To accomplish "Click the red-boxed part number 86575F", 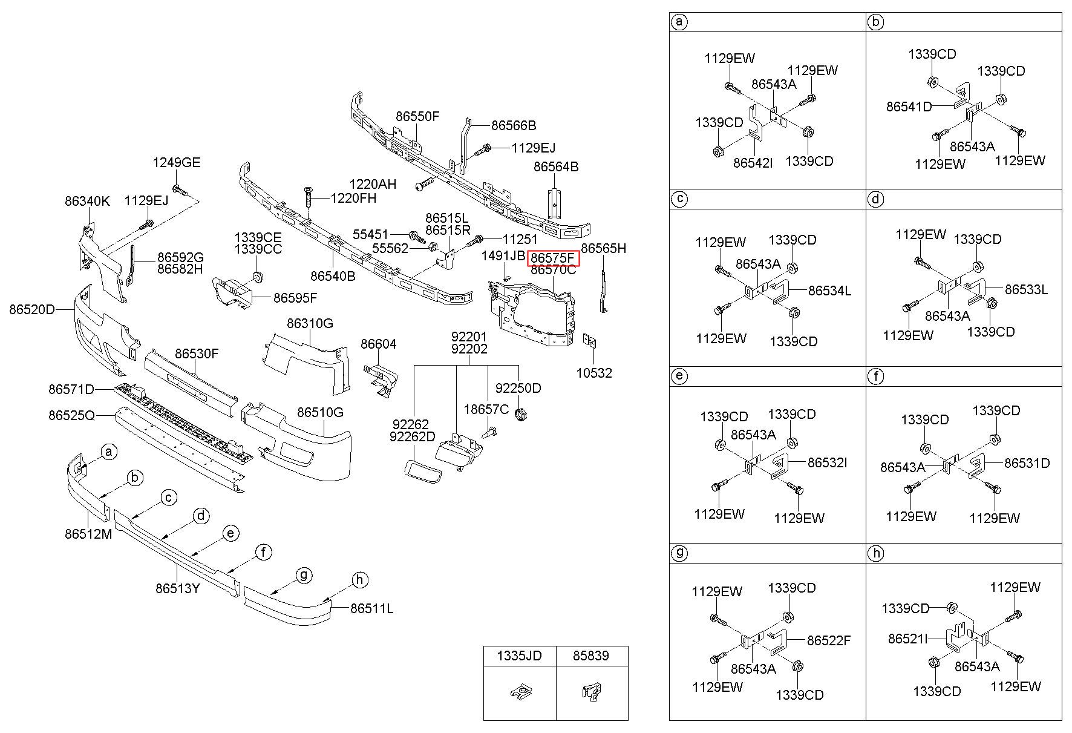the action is click(553, 258).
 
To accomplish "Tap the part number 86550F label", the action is click(417, 116).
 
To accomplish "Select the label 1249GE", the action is click(177, 162).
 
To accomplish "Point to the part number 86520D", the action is click(31, 310).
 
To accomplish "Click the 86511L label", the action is click(371, 608).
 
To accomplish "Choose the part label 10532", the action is click(593, 373).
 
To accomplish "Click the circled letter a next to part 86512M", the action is click(109, 452).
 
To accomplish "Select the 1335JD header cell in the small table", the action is click(520, 656).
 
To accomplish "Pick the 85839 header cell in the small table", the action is click(592, 656).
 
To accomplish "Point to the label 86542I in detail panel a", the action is click(753, 163).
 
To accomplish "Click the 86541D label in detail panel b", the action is click(909, 107).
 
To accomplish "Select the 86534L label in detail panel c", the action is click(829, 291).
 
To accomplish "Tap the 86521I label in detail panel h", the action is click(907, 639).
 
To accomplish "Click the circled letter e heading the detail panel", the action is click(679, 376).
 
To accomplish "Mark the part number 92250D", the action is click(518, 387).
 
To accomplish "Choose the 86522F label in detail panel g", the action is click(829, 640).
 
